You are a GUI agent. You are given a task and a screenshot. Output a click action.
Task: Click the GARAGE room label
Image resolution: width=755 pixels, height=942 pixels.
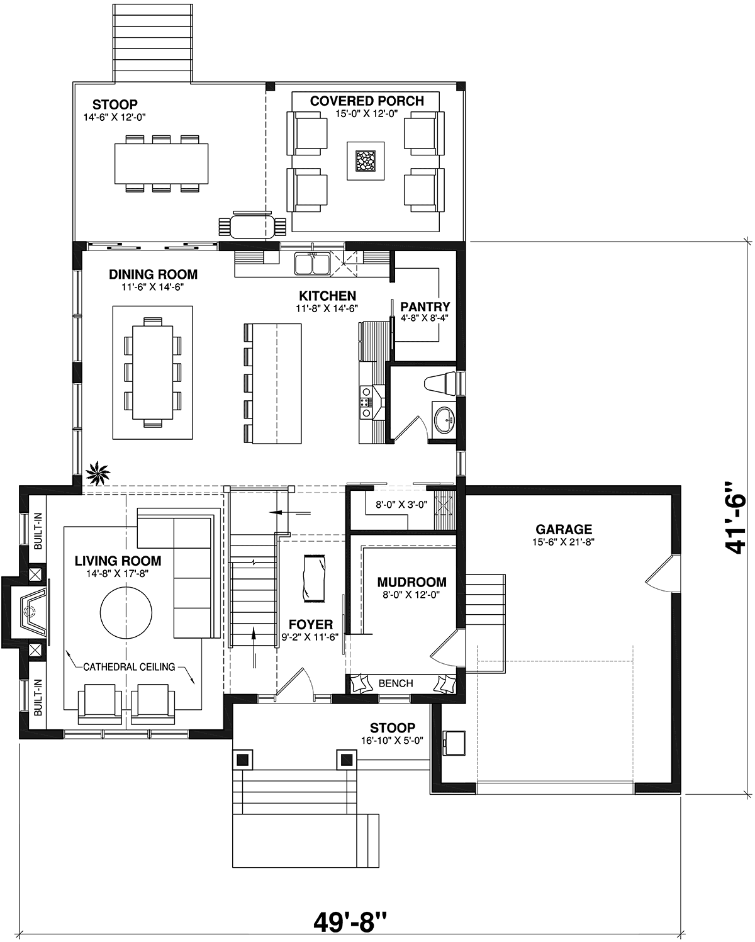click(x=564, y=529)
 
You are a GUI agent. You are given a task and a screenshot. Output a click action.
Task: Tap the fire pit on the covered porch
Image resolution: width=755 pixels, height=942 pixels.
click(x=366, y=160)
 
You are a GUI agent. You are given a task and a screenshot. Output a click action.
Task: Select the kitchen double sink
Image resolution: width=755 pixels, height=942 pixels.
click(x=312, y=264)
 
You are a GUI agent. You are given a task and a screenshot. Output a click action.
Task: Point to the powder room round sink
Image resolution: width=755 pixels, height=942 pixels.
click(x=444, y=418)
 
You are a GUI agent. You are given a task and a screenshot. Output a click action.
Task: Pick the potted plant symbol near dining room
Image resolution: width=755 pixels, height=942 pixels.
click(x=98, y=473)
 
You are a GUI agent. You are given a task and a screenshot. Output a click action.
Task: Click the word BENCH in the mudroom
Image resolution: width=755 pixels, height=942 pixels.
click(x=396, y=684)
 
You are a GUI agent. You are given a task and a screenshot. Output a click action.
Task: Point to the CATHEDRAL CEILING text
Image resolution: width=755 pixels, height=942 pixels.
click(x=129, y=667)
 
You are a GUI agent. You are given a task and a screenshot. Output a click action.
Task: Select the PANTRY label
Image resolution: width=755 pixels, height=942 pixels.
click(x=425, y=306)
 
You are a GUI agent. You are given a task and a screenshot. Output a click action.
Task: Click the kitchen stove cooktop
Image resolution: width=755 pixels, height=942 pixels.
click(x=366, y=402)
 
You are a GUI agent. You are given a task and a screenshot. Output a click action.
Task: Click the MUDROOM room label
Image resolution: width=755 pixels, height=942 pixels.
click(x=412, y=581)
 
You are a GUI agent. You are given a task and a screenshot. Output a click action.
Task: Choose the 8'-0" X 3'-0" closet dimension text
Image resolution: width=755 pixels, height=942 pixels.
click(x=401, y=505)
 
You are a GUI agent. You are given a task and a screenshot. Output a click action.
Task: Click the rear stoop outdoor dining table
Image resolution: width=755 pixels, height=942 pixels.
click(x=162, y=164)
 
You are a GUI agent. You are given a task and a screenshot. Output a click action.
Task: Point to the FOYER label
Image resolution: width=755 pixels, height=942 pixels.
click(x=311, y=625)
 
